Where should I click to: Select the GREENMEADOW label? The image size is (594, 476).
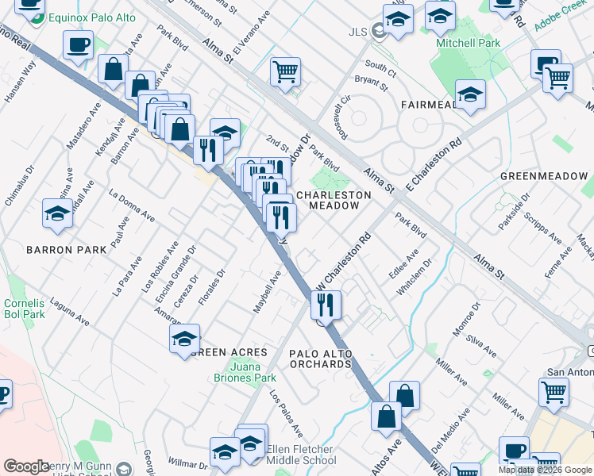tap(543, 176)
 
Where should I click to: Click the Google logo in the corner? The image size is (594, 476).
tap(26, 466)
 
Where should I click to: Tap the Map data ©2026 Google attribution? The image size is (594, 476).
tap(545, 470)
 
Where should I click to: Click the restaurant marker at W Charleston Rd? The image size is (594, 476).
tap(326, 303)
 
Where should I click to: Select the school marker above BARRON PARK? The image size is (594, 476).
tap(57, 213)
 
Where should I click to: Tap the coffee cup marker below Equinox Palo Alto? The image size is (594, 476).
tap(78, 45)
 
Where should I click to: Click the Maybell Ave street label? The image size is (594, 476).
tap(268, 292)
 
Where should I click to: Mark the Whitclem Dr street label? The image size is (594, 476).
tap(414, 277)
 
